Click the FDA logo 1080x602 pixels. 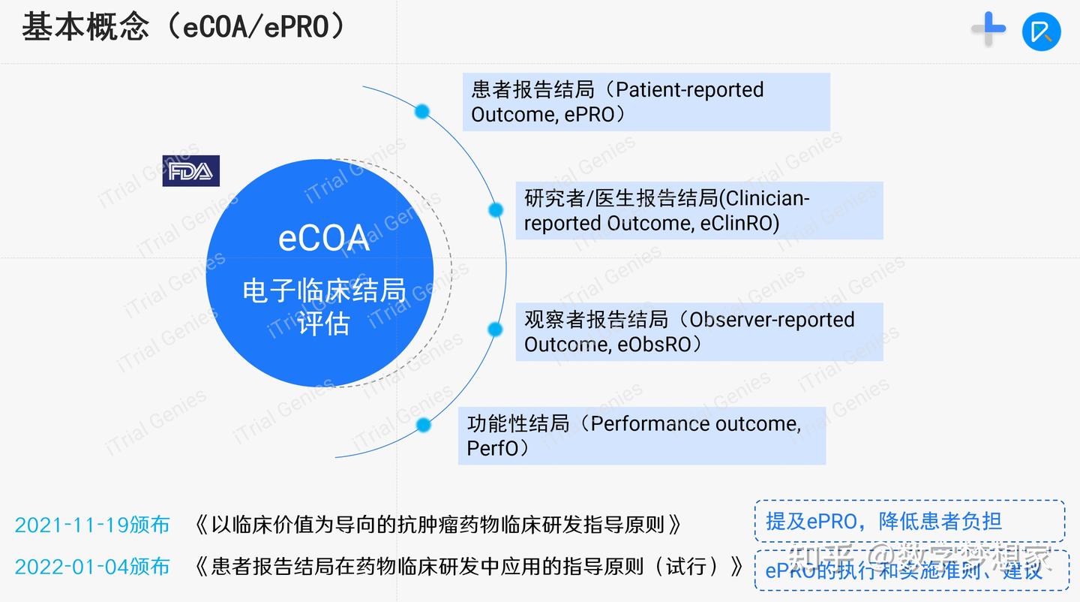[190, 171]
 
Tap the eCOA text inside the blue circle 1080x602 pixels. [324, 239]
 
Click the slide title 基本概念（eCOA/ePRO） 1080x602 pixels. [184, 28]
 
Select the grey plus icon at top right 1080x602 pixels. [988, 29]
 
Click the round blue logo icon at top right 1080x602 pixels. [1042, 32]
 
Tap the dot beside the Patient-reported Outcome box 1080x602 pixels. [422, 112]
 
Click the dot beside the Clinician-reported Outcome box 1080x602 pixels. [496, 210]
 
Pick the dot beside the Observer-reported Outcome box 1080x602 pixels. [495, 329]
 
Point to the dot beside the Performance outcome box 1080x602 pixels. [424, 426]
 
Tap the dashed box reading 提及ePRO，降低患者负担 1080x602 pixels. [909, 521]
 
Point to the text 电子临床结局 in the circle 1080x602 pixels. [323, 291]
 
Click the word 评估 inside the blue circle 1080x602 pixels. [323, 324]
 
